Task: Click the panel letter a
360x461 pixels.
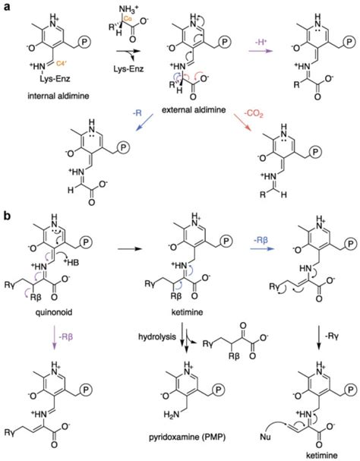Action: point(5,6)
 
